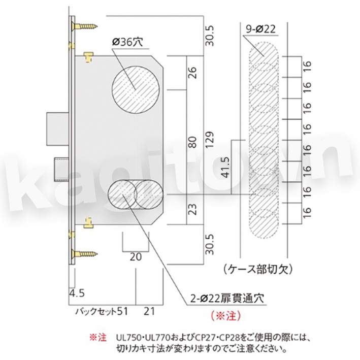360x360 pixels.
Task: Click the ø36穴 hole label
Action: (x=127, y=42)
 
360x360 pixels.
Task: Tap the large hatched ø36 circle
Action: (x=136, y=89)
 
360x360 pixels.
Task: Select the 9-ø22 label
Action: (x=260, y=29)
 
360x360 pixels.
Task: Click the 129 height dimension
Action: (x=210, y=139)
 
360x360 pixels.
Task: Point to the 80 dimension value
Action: (x=192, y=142)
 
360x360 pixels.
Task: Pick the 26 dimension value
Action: (x=192, y=73)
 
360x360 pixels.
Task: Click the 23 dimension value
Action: (x=192, y=209)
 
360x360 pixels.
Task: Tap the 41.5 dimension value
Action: (x=225, y=168)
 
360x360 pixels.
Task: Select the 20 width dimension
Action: (x=136, y=257)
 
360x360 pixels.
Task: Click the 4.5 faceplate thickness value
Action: (x=77, y=293)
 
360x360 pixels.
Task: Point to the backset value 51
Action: (x=122, y=311)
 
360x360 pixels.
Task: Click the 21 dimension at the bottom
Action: (x=149, y=311)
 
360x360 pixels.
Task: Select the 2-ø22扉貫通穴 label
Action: (x=227, y=298)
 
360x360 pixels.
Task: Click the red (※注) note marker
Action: (x=226, y=315)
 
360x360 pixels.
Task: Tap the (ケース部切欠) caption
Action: (x=258, y=269)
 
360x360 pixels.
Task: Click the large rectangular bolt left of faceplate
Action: (x=58, y=129)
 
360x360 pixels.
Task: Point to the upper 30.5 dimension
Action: (x=210, y=36)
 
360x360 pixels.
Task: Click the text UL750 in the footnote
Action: (x=128, y=338)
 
